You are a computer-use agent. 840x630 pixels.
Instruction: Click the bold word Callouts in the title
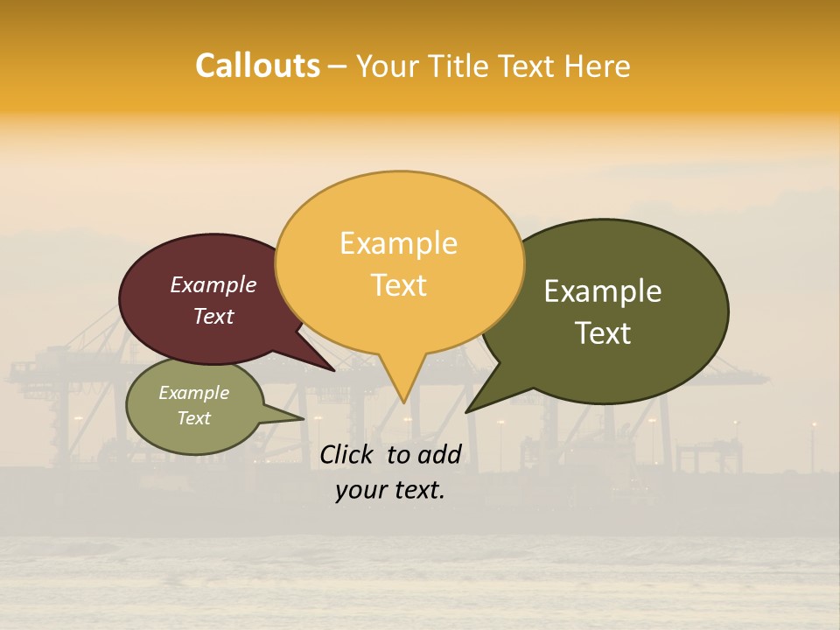(257, 66)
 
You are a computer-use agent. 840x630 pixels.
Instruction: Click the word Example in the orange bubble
(398, 243)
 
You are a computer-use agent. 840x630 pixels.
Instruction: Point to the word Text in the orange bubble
(399, 285)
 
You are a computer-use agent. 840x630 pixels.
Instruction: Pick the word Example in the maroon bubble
(213, 285)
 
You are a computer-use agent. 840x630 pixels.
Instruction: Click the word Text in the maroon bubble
(213, 317)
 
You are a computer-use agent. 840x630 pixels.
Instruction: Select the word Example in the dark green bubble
(603, 291)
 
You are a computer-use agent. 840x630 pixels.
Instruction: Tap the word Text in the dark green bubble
(604, 333)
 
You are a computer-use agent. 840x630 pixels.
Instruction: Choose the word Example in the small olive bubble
(194, 394)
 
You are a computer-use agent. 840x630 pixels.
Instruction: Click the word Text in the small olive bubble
(194, 418)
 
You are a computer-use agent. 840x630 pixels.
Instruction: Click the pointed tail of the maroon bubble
(332, 369)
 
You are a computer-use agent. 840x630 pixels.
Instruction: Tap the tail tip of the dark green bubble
(468, 410)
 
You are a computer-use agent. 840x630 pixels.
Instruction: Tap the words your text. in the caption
(389, 491)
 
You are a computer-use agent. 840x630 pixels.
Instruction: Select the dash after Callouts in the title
(338, 66)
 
